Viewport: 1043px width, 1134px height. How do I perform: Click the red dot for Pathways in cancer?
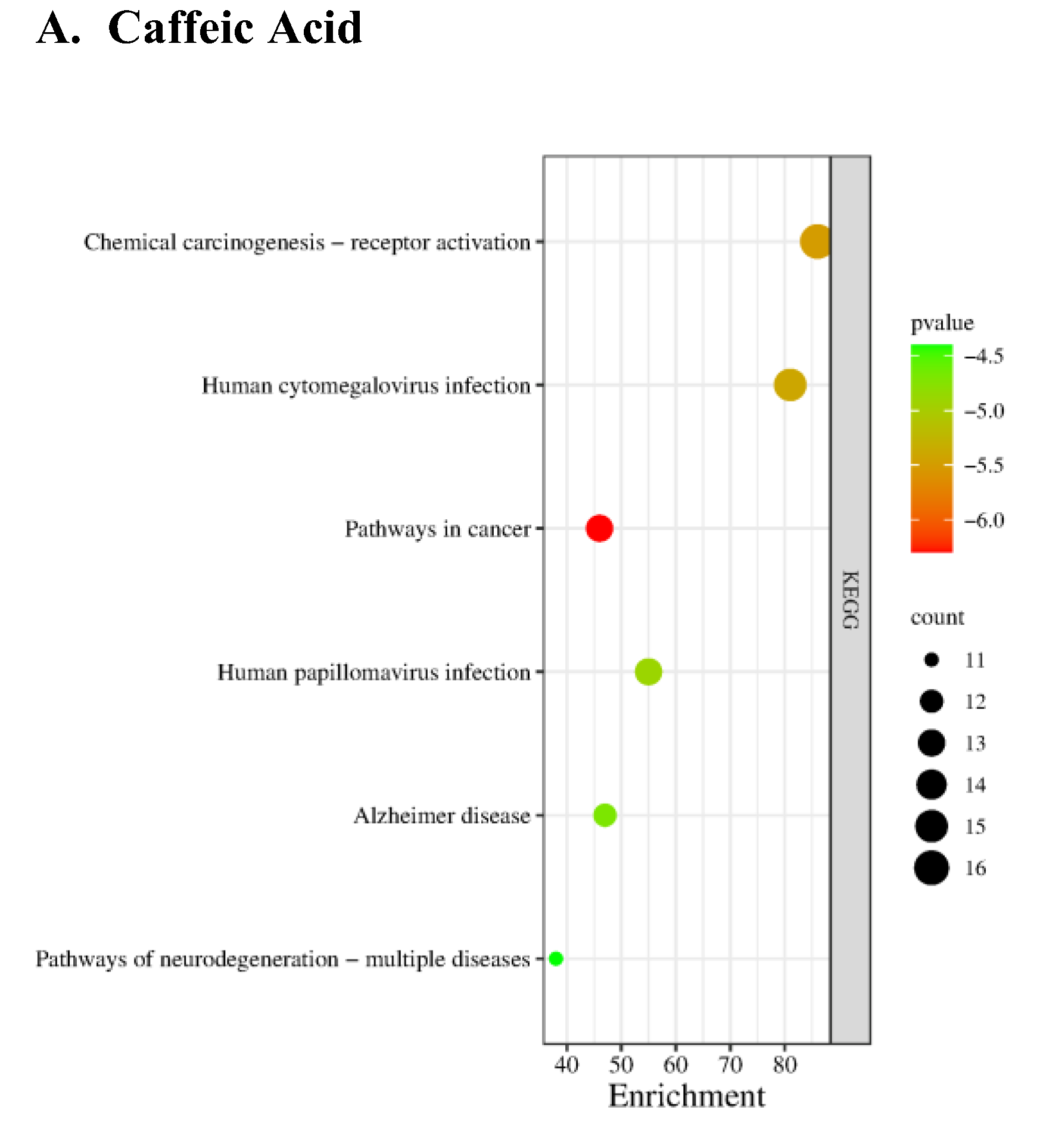[x=599, y=528]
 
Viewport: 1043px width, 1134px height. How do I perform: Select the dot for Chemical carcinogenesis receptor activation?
[x=815, y=242]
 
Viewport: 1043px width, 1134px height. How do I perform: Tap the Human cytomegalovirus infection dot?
[x=790, y=385]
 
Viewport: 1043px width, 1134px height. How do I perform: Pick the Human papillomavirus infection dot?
[x=648, y=672]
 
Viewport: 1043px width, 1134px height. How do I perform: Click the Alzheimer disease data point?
[x=605, y=815]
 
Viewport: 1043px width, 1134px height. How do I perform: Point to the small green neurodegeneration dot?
[x=556, y=958]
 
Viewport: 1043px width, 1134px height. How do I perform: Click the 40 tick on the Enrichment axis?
[x=566, y=1065]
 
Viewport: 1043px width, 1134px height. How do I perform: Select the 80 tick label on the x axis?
[x=784, y=1065]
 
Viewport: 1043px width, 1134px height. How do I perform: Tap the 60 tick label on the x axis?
[x=675, y=1065]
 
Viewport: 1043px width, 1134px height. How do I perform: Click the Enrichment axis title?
[x=686, y=1096]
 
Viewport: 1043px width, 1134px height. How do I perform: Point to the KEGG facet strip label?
[x=850, y=600]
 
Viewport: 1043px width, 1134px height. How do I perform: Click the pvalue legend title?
[x=942, y=323]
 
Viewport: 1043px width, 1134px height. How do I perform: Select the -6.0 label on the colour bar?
[x=984, y=521]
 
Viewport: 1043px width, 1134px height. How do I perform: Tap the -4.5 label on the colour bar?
[x=984, y=356]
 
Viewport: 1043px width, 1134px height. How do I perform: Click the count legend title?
[x=937, y=618]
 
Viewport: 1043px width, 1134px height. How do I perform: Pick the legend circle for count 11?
[x=932, y=660]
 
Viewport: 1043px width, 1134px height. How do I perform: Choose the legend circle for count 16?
[x=932, y=868]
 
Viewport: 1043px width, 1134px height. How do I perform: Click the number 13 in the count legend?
[x=975, y=743]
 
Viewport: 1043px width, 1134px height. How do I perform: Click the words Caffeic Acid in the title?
[x=235, y=28]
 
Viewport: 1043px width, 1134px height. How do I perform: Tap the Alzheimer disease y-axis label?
[x=441, y=815]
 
